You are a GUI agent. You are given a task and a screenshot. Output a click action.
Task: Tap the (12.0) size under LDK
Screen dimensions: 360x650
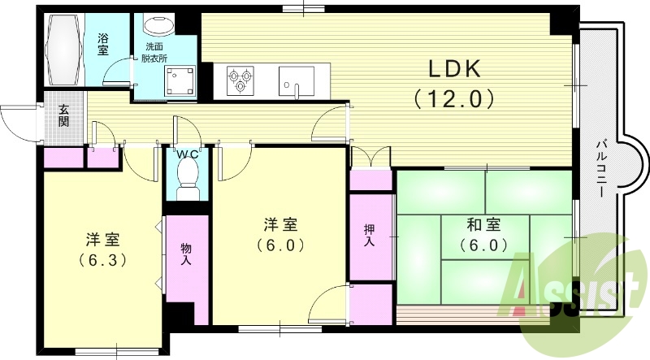coord(453,100)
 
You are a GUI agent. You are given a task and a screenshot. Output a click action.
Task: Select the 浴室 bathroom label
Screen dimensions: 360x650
coord(103,44)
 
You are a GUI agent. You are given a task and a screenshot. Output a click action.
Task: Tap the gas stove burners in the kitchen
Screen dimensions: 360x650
coord(238,80)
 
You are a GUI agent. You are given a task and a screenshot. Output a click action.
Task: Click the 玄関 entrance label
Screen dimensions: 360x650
coord(63,117)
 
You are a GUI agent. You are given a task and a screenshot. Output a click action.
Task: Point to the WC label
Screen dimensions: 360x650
coord(188,154)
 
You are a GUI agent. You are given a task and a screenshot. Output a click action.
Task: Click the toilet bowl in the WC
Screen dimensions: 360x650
coord(188,176)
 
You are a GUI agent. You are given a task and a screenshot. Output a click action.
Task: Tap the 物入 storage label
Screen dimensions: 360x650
coord(186,254)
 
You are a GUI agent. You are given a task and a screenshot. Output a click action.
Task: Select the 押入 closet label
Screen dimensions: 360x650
coord(370,236)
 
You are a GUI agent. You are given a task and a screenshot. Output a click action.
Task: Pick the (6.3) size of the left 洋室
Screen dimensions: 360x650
coord(103,261)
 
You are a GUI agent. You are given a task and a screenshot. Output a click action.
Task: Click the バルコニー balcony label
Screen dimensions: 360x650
coord(602,170)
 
